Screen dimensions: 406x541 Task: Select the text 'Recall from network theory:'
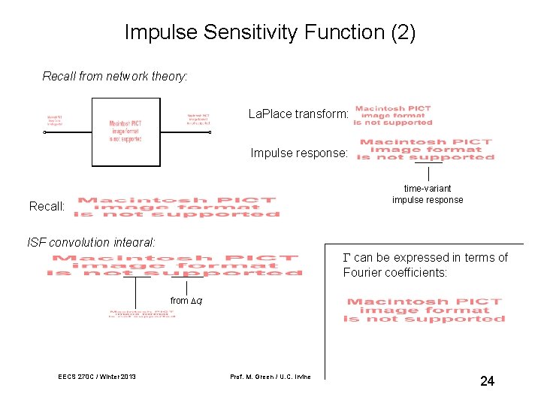click(x=115, y=76)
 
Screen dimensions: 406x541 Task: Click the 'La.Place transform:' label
click(x=298, y=114)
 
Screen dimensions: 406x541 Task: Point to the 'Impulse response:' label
click(x=299, y=153)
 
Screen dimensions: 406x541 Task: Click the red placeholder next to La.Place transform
click(x=394, y=116)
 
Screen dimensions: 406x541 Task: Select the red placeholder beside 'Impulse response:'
click(x=425, y=150)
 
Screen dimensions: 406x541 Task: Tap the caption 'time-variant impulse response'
click(x=428, y=194)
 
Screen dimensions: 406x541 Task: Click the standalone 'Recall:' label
click(x=47, y=206)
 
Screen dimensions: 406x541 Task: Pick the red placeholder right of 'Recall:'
click(x=177, y=207)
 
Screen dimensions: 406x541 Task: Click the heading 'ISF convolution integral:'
click(x=92, y=242)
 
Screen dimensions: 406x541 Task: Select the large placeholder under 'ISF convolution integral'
click(x=175, y=265)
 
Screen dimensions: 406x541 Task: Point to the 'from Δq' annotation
click(x=186, y=301)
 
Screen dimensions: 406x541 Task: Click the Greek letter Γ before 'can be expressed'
click(x=347, y=258)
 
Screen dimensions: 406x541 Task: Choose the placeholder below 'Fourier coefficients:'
click(x=425, y=311)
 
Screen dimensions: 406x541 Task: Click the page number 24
click(x=487, y=381)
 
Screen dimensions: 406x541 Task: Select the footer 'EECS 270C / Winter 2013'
click(x=97, y=377)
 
